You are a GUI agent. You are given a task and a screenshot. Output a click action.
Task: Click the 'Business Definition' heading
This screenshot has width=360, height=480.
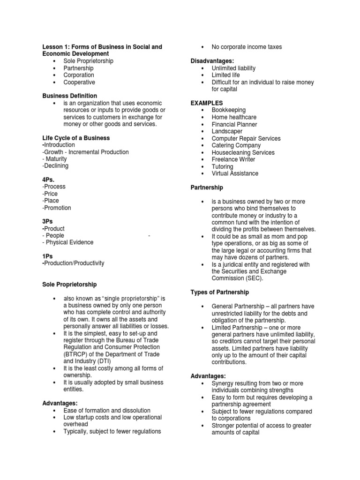[x=70, y=96]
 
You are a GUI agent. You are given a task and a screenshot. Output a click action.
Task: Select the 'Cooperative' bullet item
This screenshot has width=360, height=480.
[x=79, y=82]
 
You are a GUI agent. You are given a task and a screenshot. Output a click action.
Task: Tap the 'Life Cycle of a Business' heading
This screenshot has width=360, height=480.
[x=76, y=138]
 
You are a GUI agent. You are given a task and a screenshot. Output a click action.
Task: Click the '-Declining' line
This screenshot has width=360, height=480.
[x=55, y=166]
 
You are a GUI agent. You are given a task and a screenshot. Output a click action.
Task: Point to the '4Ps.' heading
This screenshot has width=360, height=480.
[x=49, y=180]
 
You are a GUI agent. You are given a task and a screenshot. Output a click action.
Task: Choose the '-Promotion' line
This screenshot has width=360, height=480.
[x=57, y=208]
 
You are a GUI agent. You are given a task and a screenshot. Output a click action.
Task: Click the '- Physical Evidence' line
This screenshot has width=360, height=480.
[x=68, y=242]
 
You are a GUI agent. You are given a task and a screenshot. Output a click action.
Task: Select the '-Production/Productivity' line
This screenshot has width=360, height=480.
[x=73, y=263]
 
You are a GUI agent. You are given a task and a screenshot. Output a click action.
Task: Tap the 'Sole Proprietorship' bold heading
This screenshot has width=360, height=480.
[x=69, y=285]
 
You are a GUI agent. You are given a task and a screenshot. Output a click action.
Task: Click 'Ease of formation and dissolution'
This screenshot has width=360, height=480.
[x=107, y=411]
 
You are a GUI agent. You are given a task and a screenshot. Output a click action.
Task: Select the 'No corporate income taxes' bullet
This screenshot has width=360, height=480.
[x=247, y=47]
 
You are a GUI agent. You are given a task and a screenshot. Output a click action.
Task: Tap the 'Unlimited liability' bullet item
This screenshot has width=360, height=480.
[x=233, y=68]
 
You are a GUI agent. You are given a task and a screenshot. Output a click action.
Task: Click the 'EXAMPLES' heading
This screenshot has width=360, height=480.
[x=207, y=103]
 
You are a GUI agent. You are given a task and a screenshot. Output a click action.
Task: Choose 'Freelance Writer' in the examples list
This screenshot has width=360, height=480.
[x=233, y=159]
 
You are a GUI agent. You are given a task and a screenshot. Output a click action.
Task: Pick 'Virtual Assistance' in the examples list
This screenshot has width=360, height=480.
[x=235, y=173]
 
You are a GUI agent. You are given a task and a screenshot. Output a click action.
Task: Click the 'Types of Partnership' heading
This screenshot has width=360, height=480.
[x=219, y=292]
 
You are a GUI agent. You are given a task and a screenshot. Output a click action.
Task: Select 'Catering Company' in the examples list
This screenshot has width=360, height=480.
[x=236, y=145]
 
